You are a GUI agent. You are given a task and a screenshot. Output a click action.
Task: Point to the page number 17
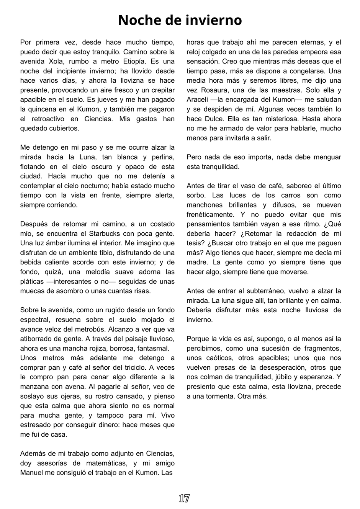(184, 498)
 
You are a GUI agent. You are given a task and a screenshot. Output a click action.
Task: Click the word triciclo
(132, 367)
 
